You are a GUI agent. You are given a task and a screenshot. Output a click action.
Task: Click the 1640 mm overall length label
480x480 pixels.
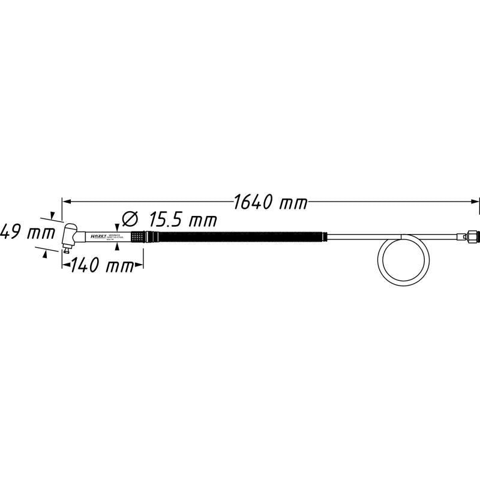point(270,202)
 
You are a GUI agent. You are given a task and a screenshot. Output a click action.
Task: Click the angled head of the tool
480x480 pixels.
point(70,234)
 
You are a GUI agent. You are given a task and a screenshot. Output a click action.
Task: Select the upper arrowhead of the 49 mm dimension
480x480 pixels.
point(53,215)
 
